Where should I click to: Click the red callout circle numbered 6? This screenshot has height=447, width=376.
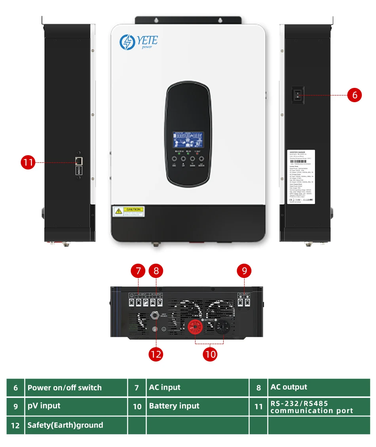(x=355, y=95)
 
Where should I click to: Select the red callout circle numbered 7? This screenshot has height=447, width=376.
(x=138, y=271)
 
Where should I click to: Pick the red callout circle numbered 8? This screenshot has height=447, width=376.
(x=156, y=271)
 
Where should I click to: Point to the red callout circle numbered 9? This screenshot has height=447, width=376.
(x=244, y=271)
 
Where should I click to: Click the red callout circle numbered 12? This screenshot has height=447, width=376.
(x=156, y=354)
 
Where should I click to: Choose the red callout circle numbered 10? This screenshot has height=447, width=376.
(x=210, y=354)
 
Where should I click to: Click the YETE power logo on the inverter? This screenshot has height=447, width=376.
(x=139, y=42)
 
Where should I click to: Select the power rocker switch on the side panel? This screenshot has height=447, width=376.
(x=298, y=95)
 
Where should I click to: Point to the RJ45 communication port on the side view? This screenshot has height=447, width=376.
(x=79, y=161)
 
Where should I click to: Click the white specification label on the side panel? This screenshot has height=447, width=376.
(x=301, y=177)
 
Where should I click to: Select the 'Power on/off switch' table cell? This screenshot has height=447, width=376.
(x=76, y=388)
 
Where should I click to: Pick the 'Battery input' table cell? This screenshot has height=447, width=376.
(x=197, y=406)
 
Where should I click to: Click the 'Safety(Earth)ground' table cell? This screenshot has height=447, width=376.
(x=76, y=425)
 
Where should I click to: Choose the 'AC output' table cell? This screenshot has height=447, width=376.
(x=319, y=388)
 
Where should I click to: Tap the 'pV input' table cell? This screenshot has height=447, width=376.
(x=76, y=406)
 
